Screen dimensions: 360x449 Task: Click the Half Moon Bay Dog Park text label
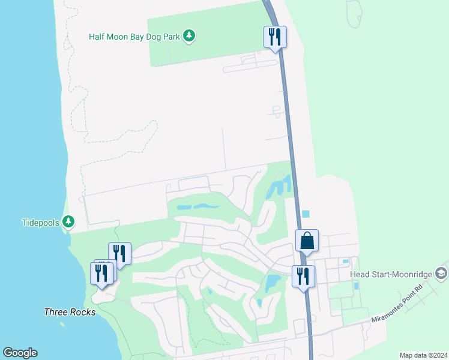(134, 36)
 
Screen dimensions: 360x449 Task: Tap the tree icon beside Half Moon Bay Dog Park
(190, 36)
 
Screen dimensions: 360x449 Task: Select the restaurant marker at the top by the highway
(275, 37)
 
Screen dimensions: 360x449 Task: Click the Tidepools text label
(41, 223)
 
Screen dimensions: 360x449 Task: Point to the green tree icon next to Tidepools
(68, 223)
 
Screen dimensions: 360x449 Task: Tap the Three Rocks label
(70, 312)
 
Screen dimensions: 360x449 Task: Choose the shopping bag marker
(307, 241)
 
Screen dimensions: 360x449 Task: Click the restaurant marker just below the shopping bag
(303, 277)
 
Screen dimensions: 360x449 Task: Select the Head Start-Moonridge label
(390, 274)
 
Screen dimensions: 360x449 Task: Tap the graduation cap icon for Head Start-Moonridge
(441, 274)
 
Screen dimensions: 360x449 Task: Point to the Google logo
(20, 353)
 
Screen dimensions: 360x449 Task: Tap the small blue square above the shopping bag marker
(306, 214)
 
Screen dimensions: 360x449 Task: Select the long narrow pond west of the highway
(198, 206)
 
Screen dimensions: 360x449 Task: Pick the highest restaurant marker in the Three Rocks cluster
(119, 253)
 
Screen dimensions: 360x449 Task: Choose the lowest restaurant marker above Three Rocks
(101, 274)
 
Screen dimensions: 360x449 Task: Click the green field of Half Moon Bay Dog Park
(204, 54)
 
